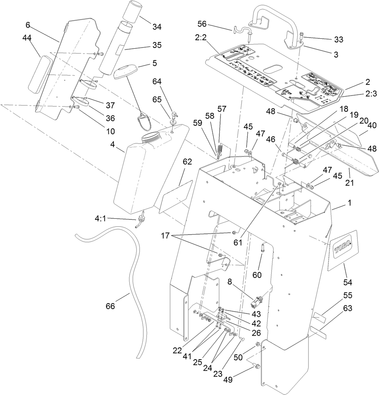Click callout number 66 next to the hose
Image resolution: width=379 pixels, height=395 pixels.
coord(110,306)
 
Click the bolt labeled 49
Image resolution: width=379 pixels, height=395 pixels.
coord(257,366)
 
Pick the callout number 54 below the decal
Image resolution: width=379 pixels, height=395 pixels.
coord(348,283)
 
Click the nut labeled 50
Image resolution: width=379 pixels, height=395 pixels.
coord(258,344)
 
